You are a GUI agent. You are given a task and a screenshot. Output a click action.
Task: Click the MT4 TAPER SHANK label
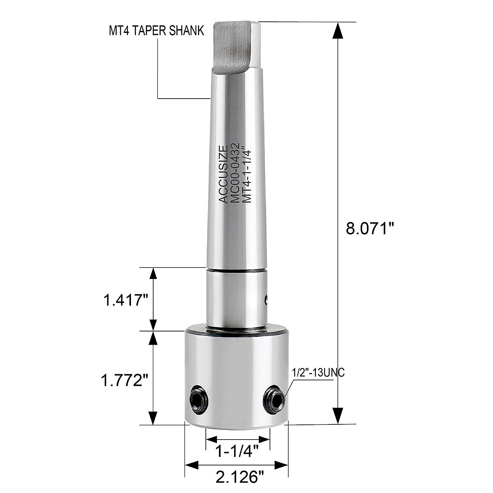point(156,31)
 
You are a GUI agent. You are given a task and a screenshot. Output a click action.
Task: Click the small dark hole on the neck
point(265,300)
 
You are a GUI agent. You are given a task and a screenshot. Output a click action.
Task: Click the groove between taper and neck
point(236,270)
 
